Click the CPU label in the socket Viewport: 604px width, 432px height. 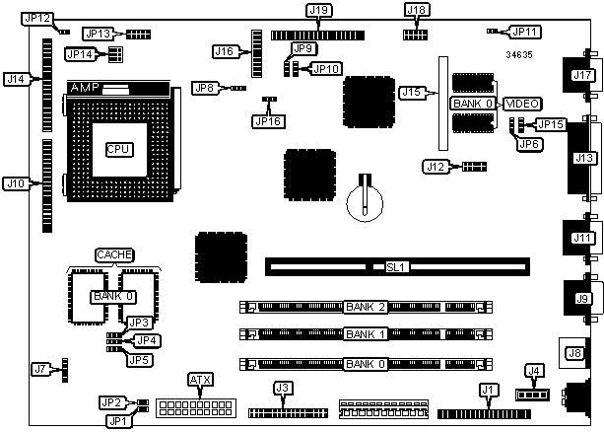pos(119,149)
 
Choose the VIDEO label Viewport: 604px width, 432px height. pos(520,104)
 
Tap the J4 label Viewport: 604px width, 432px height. pos(535,372)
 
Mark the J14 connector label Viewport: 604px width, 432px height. pos(15,77)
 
